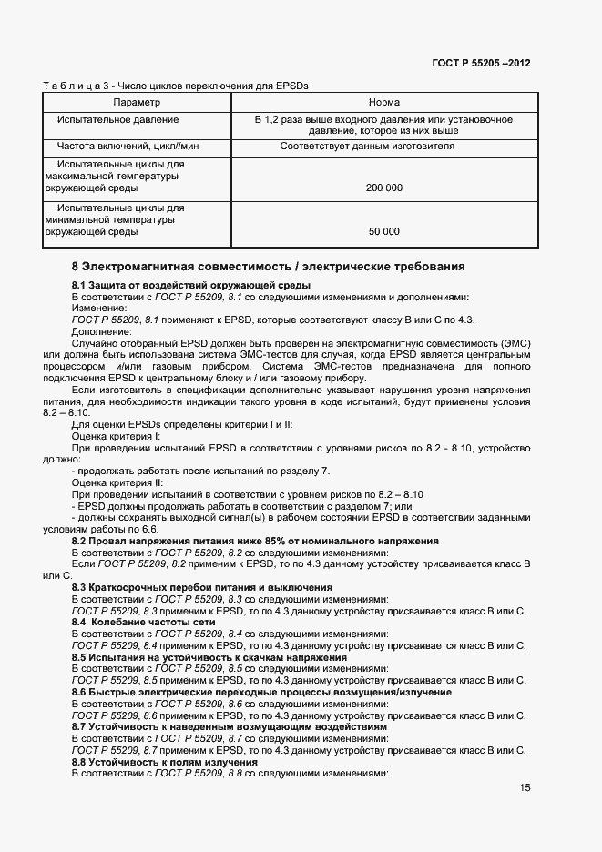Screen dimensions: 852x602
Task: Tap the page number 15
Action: click(525, 788)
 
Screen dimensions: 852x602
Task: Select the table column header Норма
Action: click(383, 103)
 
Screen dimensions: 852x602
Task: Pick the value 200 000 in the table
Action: click(383, 188)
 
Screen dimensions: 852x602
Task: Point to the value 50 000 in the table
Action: click(383, 232)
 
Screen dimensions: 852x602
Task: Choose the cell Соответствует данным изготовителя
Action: click(367, 146)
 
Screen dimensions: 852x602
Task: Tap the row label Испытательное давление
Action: click(117, 119)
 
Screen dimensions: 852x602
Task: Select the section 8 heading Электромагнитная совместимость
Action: click(268, 267)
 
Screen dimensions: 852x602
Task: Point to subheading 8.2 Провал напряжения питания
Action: click(255, 541)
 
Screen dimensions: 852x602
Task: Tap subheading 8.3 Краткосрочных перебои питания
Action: click(201, 588)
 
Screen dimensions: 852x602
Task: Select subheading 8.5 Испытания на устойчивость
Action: click(209, 656)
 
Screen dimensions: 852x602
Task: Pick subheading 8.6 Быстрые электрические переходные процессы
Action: click(261, 692)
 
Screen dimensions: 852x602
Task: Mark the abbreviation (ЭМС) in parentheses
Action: click(513, 343)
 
